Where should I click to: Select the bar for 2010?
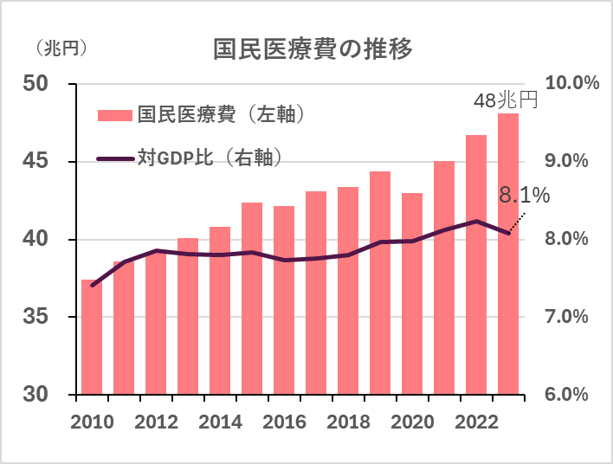(x=92, y=337)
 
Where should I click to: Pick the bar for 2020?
(x=412, y=293)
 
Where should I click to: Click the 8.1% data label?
(x=524, y=197)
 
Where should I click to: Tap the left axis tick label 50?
(x=37, y=84)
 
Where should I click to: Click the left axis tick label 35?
(x=37, y=317)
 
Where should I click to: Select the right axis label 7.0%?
(x=568, y=317)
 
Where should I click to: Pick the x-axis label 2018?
(x=348, y=422)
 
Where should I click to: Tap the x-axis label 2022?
(x=476, y=422)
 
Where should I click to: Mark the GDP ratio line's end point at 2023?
(x=508, y=232)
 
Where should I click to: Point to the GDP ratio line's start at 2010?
(x=92, y=285)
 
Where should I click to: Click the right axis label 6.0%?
(x=568, y=395)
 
